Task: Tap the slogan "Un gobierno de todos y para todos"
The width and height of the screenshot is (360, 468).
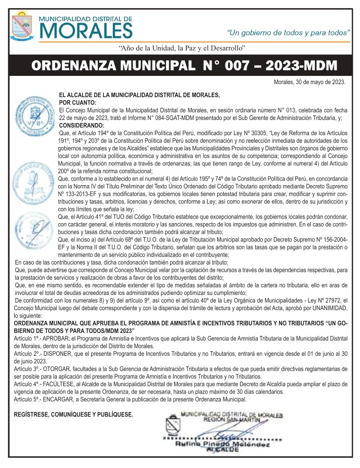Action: tap(289, 32)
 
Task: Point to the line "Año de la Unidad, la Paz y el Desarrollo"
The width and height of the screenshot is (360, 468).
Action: tap(182, 48)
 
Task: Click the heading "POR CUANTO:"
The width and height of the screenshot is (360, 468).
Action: tap(77, 102)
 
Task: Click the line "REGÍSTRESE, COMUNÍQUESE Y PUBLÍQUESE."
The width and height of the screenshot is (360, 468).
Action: tap(74, 415)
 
